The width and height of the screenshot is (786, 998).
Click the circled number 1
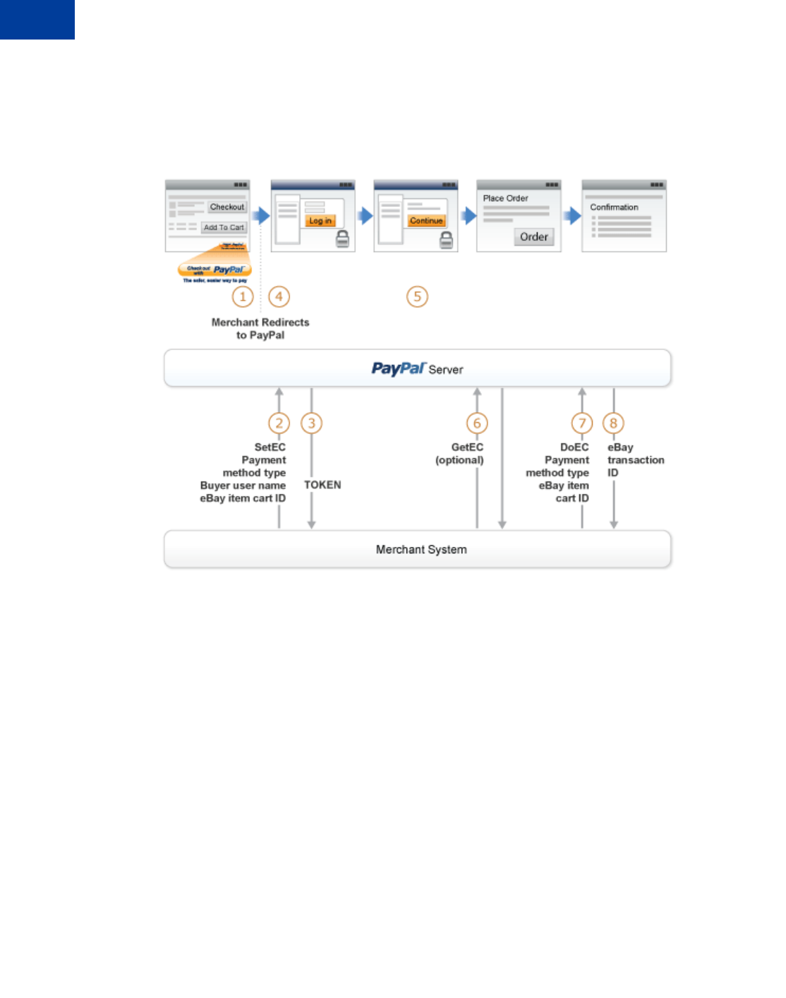(243, 296)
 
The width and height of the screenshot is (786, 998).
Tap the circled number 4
(279, 296)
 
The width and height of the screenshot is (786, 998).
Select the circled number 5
(417, 296)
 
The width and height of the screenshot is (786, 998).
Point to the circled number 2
(279, 423)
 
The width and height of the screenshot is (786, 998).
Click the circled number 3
(311, 423)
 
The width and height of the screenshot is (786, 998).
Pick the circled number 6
(477, 423)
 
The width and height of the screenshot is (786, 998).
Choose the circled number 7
(582, 423)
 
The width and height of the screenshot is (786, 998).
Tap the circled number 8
(614, 423)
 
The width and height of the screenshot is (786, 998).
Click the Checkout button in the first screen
(227, 207)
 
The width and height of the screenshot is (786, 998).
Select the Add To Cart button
(224, 227)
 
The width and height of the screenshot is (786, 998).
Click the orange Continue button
(426, 221)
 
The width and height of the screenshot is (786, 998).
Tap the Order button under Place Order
(534, 237)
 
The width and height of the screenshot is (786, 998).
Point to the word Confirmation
(614, 208)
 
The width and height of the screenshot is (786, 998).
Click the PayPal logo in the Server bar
(399, 368)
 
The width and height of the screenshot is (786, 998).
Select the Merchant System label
(421, 550)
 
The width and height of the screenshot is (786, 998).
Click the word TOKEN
(322, 485)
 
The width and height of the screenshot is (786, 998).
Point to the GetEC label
(467, 447)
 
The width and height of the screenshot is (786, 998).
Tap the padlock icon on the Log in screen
(342, 239)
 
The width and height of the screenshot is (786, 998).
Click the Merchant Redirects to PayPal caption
(260, 329)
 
